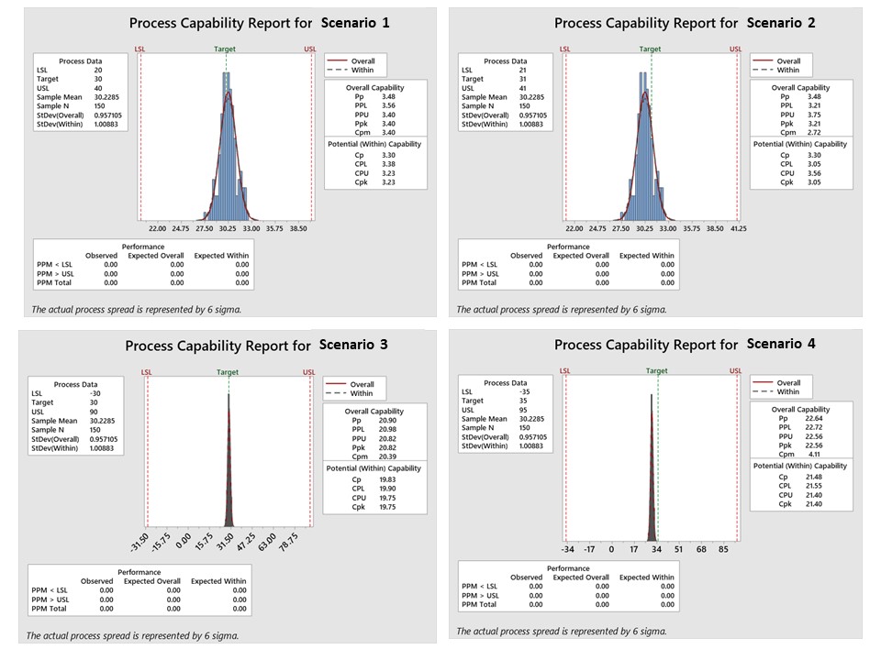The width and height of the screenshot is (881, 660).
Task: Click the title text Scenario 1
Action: pyautogui.click(x=355, y=22)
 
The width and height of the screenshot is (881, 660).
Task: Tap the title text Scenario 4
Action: pyautogui.click(x=781, y=345)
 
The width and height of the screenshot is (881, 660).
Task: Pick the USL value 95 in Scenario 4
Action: pyautogui.click(x=517, y=410)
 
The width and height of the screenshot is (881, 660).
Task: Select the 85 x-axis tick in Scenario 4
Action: pyautogui.click(x=723, y=550)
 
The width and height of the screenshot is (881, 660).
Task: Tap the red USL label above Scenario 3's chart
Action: pyautogui.click(x=309, y=372)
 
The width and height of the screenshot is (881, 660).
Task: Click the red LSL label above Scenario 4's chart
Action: pyautogui.click(x=564, y=371)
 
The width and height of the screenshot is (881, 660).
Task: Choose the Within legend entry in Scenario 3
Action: pyautogui.click(x=362, y=393)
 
